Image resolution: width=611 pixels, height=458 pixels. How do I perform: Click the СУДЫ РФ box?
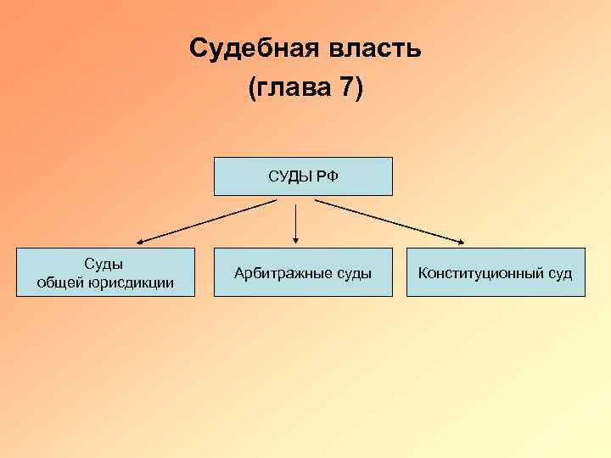pyautogui.click(x=303, y=176)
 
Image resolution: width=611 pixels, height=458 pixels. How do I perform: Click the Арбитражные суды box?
pyautogui.click(x=303, y=272)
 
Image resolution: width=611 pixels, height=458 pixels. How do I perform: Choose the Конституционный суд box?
pyautogui.click(x=496, y=272)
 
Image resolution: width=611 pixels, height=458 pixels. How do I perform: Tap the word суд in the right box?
pyautogui.click(x=559, y=273)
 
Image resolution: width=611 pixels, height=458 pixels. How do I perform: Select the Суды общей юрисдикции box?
pyautogui.click(x=105, y=272)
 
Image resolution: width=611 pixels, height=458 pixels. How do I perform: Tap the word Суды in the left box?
pyautogui.click(x=105, y=264)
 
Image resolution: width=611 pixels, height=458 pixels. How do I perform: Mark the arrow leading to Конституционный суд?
pyautogui.click(x=390, y=221)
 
